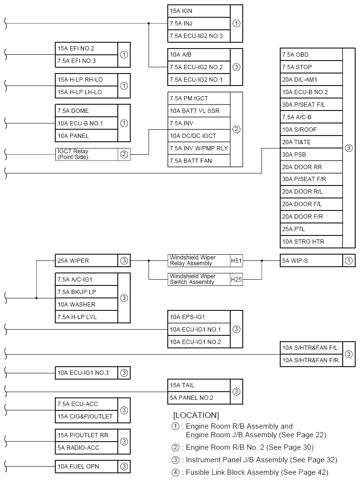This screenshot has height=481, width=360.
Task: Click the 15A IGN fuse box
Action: tap(199, 11)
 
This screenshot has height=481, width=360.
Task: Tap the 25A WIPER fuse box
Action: tap(87, 261)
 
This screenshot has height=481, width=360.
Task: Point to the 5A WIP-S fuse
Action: tap(312, 261)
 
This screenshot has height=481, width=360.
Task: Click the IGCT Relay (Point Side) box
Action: tap(87, 154)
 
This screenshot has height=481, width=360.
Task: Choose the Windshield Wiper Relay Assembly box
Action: tap(199, 261)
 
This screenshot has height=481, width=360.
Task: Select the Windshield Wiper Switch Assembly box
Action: tap(199, 279)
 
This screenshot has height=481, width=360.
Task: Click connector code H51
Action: tap(236, 261)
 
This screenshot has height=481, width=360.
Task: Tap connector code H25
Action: tap(236, 279)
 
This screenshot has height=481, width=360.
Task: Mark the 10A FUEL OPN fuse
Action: tap(87, 466)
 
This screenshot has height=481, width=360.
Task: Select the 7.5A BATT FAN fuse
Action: tap(199, 161)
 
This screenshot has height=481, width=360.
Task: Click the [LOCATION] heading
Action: tap(196, 415)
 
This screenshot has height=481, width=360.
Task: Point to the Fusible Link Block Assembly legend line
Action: tap(250, 472)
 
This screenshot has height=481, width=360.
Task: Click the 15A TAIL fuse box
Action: tap(199, 385)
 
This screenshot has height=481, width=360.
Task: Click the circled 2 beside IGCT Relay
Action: tap(124, 154)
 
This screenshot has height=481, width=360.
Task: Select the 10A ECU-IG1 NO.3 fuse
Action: tap(87, 372)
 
